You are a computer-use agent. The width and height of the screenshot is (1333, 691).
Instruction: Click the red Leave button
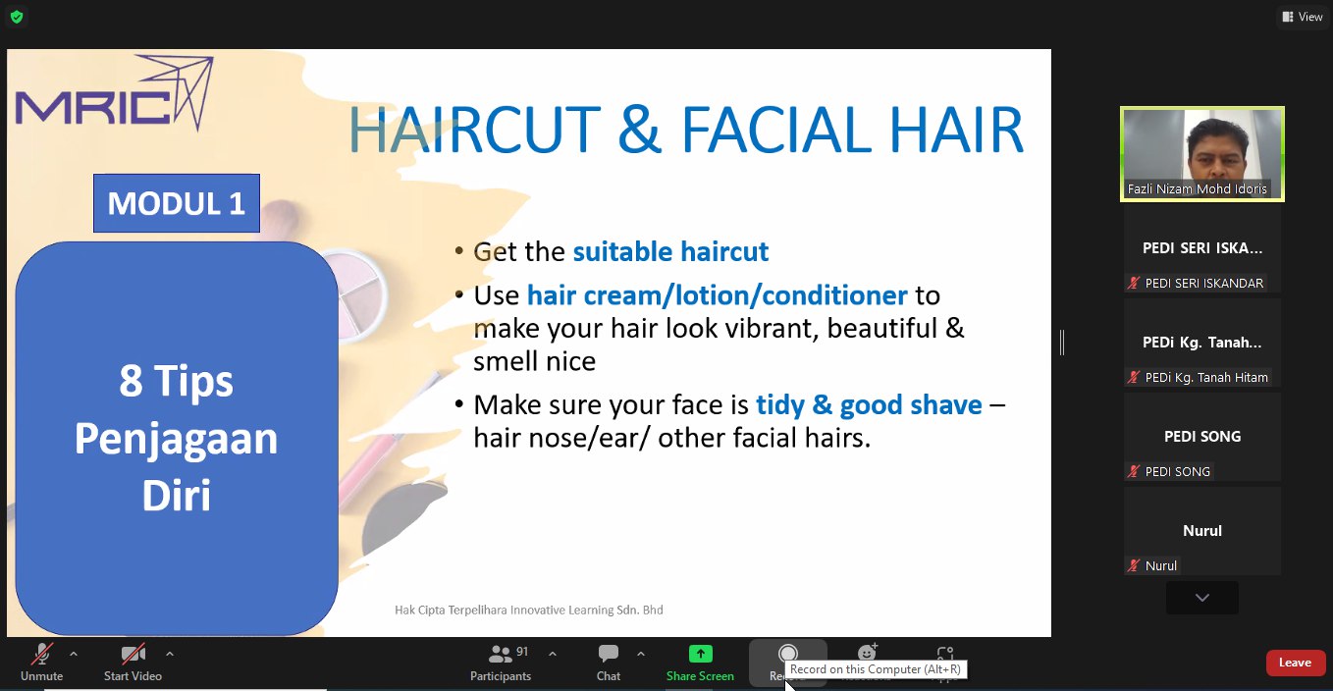pyautogui.click(x=1296, y=663)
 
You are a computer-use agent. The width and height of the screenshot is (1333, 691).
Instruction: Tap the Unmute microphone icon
pyautogui.click(x=41, y=654)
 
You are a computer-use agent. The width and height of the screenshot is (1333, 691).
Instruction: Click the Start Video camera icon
pyautogui.click(x=133, y=654)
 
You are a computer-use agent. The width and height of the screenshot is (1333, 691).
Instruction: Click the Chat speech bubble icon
pyautogui.click(x=609, y=654)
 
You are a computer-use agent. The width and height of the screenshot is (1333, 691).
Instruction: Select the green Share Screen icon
pyautogui.click(x=701, y=654)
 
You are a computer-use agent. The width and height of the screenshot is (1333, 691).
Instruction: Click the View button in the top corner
pyautogui.click(x=1303, y=17)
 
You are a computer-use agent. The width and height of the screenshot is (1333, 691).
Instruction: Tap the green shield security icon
pyautogui.click(x=17, y=17)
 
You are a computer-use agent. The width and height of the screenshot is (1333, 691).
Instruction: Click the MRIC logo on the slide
pyautogui.click(x=114, y=92)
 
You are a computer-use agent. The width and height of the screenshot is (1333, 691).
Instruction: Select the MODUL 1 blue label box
pyautogui.click(x=177, y=203)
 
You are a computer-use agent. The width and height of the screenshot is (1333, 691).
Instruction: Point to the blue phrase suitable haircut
pyautogui.click(x=670, y=251)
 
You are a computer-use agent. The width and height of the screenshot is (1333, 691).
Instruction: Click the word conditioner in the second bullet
pyautogui.click(x=834, y=295)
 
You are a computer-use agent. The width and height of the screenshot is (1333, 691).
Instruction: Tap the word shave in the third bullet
pyautogui.click(x=946, y=404)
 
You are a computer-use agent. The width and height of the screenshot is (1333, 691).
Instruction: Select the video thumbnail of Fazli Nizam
pyautogui.click(x=1202, y=154)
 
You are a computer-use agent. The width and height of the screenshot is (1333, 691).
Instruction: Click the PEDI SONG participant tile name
pyautogui.click(x=1202, y=436)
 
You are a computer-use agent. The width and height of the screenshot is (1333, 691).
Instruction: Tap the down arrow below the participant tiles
pyautogui.click(x=1202, y=598)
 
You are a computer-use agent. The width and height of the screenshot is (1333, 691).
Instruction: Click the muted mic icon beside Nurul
pyautogui.click(x=1134, y=565)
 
